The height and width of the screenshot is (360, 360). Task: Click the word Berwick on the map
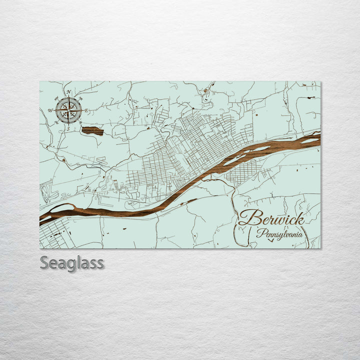click(271, 218)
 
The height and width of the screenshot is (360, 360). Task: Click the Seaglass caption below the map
click(72, 262)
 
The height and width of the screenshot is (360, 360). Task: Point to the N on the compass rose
click(68, 91)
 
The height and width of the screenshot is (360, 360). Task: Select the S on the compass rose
click(68, 128)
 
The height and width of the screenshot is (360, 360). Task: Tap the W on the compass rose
click(50, 110)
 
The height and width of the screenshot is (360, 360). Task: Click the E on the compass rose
click(86, 110)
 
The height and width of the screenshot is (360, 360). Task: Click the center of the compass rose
click(68, 110)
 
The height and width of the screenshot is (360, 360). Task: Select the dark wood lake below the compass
click(92, 131)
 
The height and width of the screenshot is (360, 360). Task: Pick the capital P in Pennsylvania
click(260, 232)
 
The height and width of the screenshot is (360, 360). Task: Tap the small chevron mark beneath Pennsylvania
click(270, 240)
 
